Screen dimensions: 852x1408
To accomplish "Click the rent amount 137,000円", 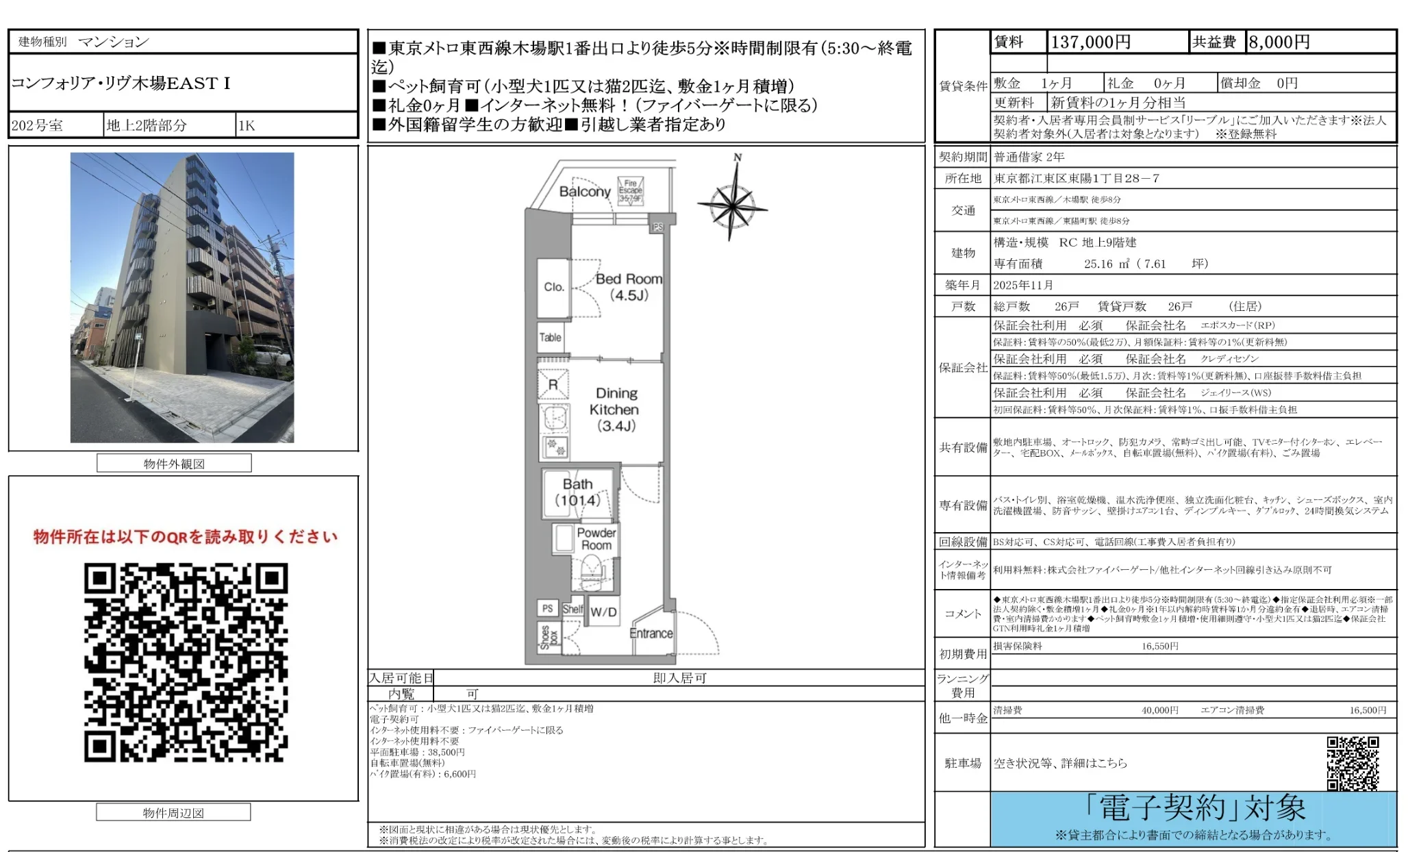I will [1090, 42].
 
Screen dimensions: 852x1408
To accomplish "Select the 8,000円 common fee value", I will [1279, 42].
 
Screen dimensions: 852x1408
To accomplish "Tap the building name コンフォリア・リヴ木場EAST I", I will [121, 84].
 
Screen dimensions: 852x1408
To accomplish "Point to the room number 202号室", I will [38, 125].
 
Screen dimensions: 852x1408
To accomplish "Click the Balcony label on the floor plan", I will [584, 192].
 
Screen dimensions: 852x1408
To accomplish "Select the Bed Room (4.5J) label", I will [629, 287].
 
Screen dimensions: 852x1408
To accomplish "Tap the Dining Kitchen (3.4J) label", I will [615, 410].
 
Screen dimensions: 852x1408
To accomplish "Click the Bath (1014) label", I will [577, 492].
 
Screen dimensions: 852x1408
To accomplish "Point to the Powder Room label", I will [596, 539].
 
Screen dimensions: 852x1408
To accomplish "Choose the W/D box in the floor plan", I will [603, 612].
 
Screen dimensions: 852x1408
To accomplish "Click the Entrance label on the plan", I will [651, 634].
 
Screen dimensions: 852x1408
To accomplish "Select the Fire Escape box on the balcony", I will [630, 190].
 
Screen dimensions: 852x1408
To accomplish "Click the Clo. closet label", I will [553, 287].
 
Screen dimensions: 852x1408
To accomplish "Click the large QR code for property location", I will [186, 662].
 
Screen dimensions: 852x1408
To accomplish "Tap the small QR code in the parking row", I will [1353, 763].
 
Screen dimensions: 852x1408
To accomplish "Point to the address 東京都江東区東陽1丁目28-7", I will [1077, 179].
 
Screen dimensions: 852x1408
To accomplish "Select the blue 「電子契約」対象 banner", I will [1193, 818].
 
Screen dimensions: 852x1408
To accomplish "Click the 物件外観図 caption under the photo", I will [174, 464].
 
